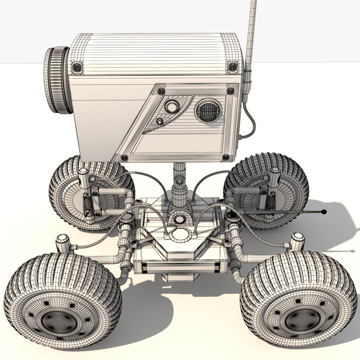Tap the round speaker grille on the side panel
pos(208,110)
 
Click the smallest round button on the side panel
pos(160,122)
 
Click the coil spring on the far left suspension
pos(88,202)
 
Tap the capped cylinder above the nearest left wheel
pos(62,243)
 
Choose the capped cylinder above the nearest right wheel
pos(298,241)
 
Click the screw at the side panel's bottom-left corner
pos(124,158)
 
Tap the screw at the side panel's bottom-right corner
pos(226,157)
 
